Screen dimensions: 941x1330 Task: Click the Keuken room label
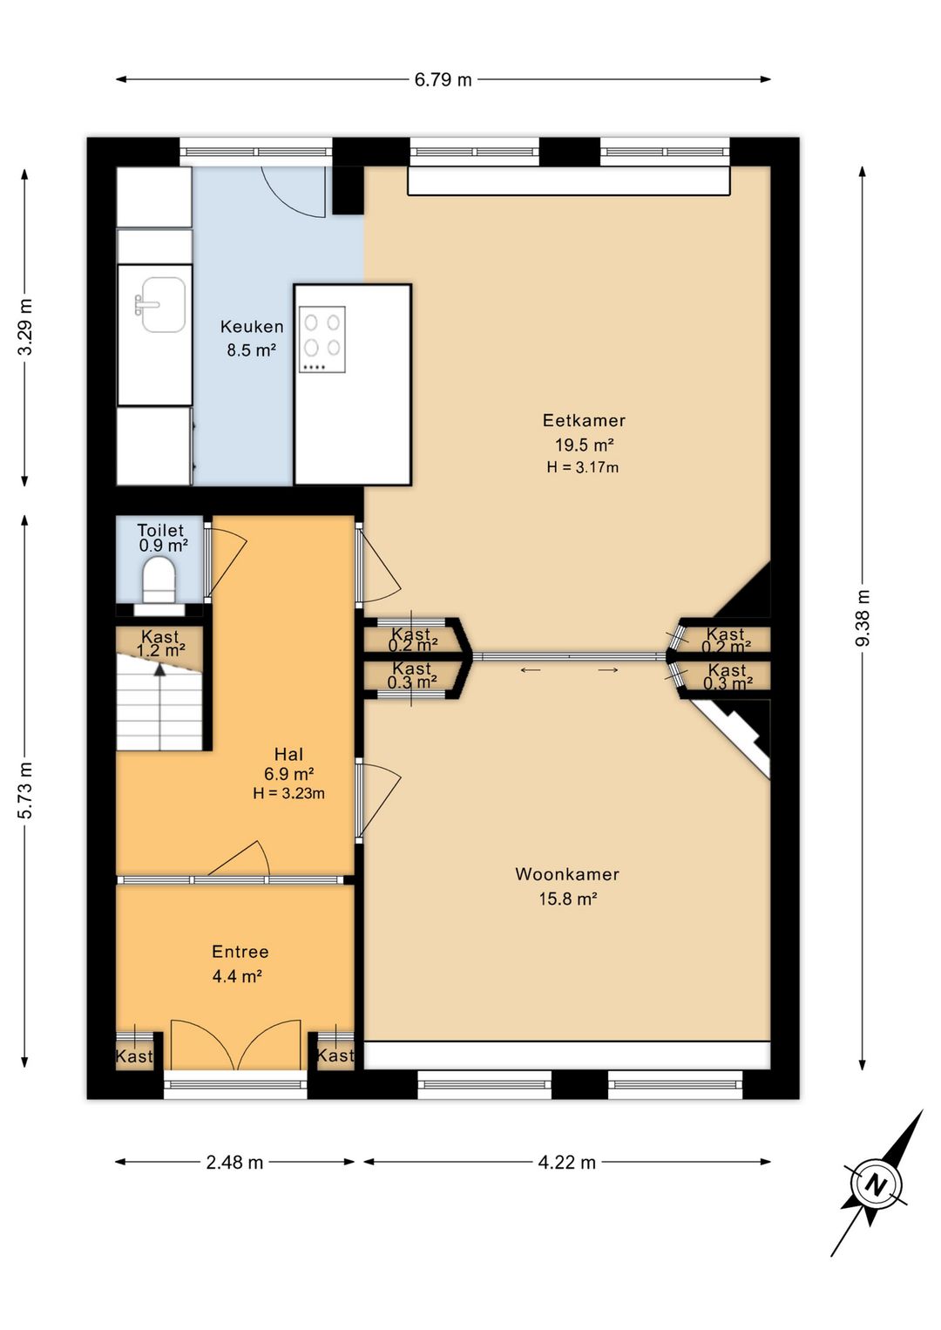coord(252,327)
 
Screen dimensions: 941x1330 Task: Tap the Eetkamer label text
coord(584,420)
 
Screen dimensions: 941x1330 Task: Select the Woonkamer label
coord(567,874)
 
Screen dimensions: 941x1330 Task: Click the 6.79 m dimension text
coord(443,79)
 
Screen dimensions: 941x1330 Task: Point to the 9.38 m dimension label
coord(863,618)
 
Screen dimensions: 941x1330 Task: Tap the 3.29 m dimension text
coord(25,327)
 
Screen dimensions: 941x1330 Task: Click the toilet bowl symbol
coord(159,580)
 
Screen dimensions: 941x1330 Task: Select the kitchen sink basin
coord(160,304)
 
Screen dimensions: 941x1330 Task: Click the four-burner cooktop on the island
coord(322,340)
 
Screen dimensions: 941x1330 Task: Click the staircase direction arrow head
coord(159,669)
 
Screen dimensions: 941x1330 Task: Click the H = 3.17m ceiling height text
coord(582,467)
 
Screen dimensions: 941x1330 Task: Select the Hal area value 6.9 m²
coord(289,774)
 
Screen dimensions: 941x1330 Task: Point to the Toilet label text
coord(160,530)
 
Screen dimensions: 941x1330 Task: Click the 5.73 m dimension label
coord(25,790)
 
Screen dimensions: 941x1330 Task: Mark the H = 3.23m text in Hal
coord(288,793)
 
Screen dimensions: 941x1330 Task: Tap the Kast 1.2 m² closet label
coord(160,643)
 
